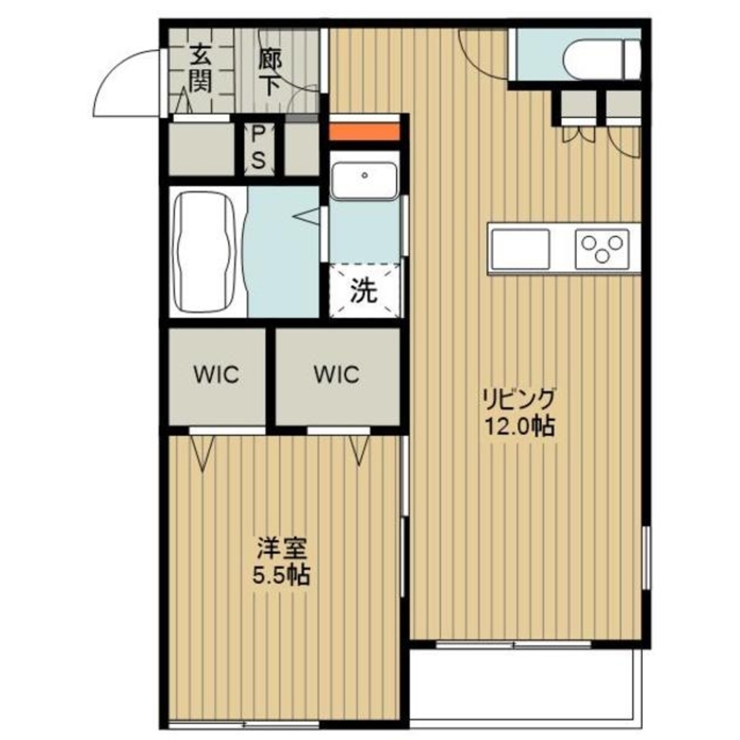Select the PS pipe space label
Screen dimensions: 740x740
click(258, 148)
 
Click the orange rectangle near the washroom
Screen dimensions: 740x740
click(364, 132)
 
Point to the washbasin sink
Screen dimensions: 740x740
click(364, 181)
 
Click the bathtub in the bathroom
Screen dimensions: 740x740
click(206, 252)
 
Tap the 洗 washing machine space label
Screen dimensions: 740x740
click(364, 291)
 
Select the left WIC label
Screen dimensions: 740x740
click(216, 375)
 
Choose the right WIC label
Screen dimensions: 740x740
click(337, 374)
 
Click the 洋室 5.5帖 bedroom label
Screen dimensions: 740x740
click(281, 562)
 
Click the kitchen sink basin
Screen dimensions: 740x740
click(520, 249)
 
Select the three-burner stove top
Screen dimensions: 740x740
click(602, 249)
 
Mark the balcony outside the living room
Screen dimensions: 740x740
click(526, 689)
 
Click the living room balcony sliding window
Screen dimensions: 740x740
click(513, 644)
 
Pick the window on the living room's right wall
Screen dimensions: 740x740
click(646, 558)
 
